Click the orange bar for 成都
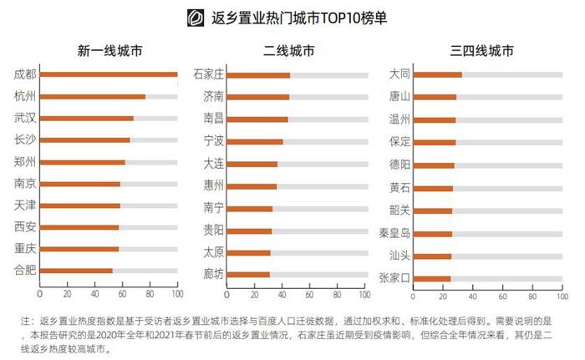(x=109, y=74)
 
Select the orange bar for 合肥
(x=76, y=271)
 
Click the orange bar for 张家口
(x=431, y=278)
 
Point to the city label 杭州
(x=25, y=96)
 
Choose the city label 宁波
(x=213, y=141)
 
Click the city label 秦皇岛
(x=394, y=233)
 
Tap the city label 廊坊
(x=213, y=273)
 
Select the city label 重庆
(x=25, y=248)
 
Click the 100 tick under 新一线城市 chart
(x=177, y=294)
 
